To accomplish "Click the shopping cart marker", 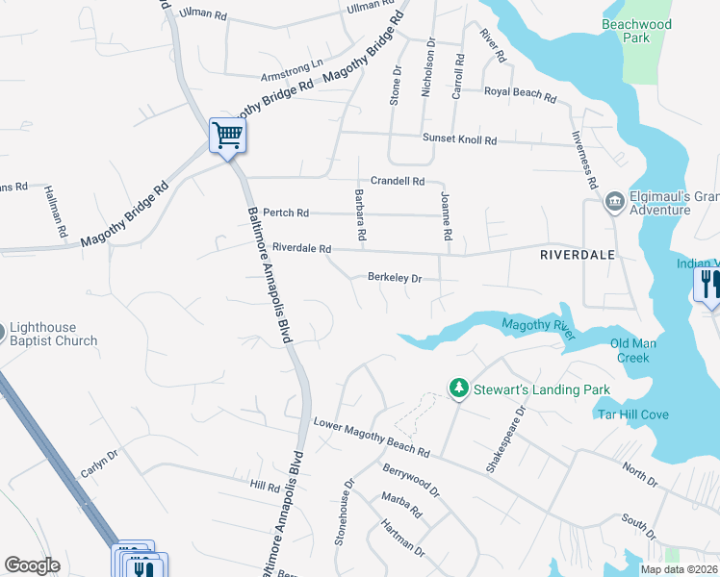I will [228, 136].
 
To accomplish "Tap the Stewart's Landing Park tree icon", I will [460, 389].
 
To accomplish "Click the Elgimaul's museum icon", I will [613, 202].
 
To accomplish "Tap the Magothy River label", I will [538, 329].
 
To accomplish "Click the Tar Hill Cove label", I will [633, 414].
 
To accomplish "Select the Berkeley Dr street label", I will [395, 278].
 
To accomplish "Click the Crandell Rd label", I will [398, 181].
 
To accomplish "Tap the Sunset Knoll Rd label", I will [459, 139].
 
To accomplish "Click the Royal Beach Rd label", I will [520, 95].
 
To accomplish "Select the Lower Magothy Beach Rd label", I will [372, 437].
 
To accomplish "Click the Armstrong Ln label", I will [292, 71].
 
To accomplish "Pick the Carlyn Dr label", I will [99, 465].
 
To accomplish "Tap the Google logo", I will [33, 565].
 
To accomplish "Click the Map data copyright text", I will [680, 569].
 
